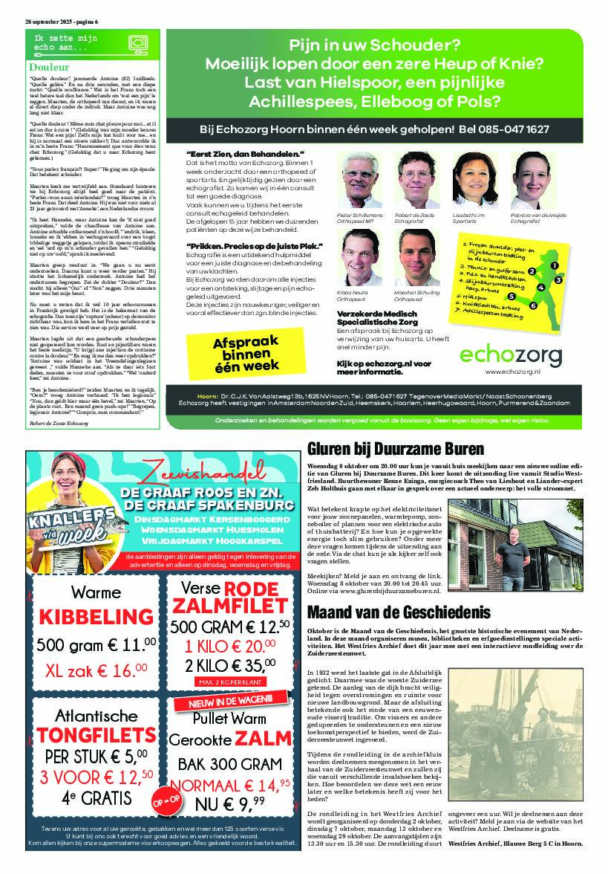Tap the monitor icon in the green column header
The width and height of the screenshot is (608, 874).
pyautogui.click(x=137, y=45)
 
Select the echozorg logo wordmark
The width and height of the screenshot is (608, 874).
pyautogui.click(x=510, y=355)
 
